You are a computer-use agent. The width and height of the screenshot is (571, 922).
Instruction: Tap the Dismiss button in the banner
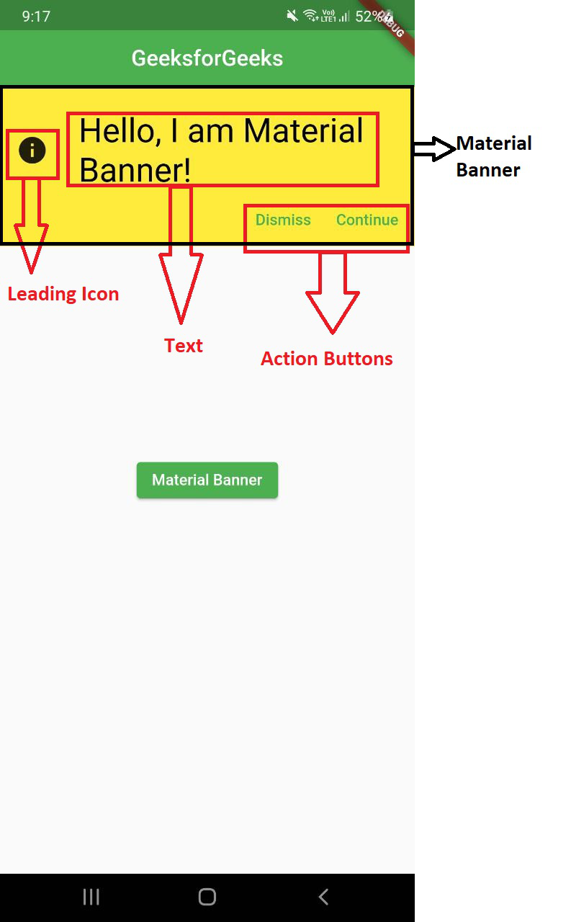pyautogui.click(x=283, y=220)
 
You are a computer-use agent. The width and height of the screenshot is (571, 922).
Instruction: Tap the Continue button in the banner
pyautogui.click(x=367, y=220)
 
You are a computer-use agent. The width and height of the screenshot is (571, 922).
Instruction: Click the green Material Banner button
pyautogui.click(x=207, y=480)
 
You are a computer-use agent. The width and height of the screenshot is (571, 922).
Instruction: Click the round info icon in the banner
pyautogui.click(x=32, y=151)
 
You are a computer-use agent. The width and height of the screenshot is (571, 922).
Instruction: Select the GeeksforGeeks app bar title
pyautogui.click(x=207, y=58)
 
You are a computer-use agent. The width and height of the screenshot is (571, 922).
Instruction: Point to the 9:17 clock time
pyautogui.click(x=36, y=17)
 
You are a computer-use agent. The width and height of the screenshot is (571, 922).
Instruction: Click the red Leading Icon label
pyautogui.click(x=63, y=295)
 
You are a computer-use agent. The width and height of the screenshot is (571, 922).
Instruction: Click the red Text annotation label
pyautogui.click(x=184, y=346)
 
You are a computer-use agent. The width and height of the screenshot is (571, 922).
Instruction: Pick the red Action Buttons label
pyautogui.click(x=327, y=359)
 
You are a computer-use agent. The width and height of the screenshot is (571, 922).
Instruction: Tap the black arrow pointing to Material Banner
pyautogui.click(x=434, y=148)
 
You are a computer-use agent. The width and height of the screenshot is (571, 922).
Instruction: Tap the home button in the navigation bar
pyautogui.click(x=207, y=897)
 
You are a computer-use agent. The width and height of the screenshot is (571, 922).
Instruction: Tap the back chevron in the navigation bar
pyautogui.click(x=324, y=897)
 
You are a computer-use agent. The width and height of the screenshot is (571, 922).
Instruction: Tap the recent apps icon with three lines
pyautogui.click(x=91, y=897)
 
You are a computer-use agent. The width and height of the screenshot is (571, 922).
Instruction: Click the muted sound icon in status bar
pyautogui.click(x=292, y=17)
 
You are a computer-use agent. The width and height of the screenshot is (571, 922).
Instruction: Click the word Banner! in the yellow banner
pyautogui.click(x=135, y=170)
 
